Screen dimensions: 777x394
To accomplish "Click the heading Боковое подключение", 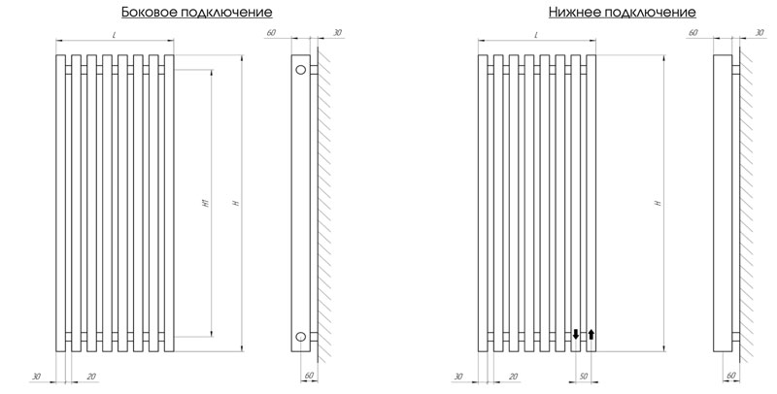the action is point(197,13).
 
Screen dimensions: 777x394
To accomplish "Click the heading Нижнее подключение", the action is point(622,13).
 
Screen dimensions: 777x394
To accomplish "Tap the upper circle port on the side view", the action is point(301,70).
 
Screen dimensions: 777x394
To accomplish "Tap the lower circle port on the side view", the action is point(301,337).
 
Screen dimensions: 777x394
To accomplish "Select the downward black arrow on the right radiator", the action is point(575,334).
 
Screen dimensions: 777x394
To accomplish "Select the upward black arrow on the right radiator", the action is point(591,335).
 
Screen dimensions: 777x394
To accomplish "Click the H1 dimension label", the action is point(207,203).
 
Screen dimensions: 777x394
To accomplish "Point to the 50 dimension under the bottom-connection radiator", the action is point(584,377).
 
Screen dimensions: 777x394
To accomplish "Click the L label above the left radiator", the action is point(114,35).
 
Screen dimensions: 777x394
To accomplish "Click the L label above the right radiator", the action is point(536,35).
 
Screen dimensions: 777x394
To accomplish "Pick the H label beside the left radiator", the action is point(237,203).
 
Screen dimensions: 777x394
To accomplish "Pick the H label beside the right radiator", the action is point(659,203).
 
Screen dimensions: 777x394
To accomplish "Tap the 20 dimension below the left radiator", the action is point(91,377).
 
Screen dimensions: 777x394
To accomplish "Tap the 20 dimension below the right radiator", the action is point(514,377).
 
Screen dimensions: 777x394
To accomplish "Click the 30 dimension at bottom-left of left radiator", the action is point(36,377).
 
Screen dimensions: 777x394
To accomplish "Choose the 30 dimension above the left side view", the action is point(337,33).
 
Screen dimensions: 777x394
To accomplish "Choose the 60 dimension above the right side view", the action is point(693,33).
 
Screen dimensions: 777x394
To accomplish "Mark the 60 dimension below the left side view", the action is point(309,376).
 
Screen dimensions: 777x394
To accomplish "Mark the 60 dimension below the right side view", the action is point(731,376).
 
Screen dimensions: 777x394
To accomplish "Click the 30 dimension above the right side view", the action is point(760,33).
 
